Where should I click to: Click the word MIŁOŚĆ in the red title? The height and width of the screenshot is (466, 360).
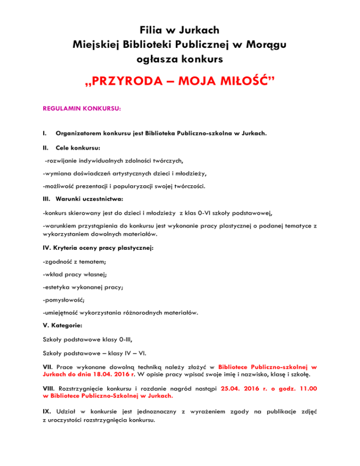243,85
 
